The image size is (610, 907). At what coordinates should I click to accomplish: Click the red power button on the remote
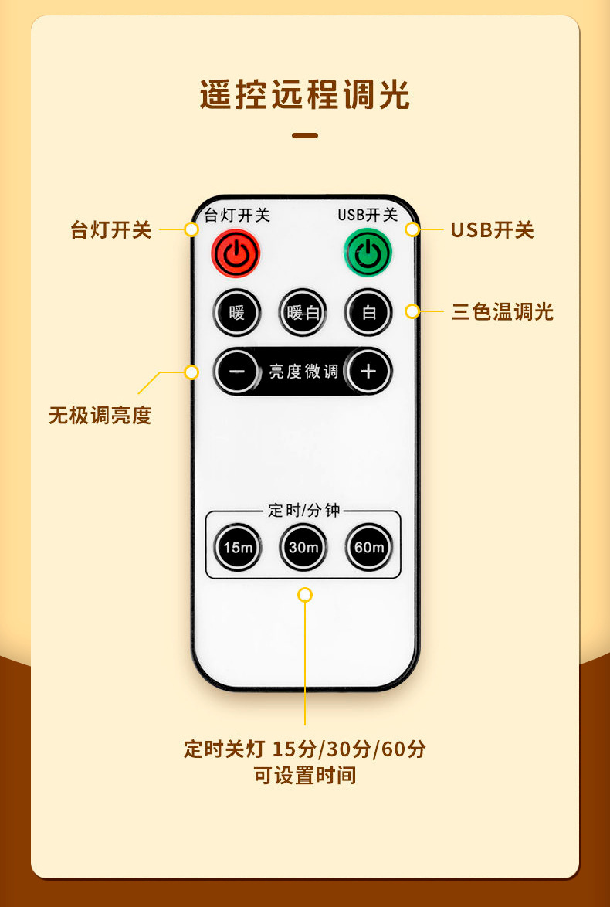[x=236, y=253]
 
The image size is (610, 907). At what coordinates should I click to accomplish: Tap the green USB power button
[x=368, y=253]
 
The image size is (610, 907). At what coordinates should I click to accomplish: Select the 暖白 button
[x=303, y=313]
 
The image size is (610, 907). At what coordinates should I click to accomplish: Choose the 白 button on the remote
[x=368, y=313]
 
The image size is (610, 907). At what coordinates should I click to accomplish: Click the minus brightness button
[x=237, y=372]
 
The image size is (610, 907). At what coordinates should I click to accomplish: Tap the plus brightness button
[x=368, y=372]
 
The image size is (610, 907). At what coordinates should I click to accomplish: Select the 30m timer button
[x=303, y=548]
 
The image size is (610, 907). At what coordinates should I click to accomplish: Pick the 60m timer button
[x=368, y=548]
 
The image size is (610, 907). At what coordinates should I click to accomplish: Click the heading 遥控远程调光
[x=305, y=96]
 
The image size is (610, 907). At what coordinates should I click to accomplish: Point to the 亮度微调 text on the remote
[x=303, y=372]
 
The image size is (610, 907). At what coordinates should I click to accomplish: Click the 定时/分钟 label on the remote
[x=303, y=511]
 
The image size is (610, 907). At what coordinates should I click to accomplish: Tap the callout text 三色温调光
[x=503, y=312]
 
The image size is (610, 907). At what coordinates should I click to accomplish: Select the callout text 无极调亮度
[x=100, y=416]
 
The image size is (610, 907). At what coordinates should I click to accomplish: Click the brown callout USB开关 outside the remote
[x=493, y=229]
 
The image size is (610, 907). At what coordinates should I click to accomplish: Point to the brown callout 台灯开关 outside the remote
[x=111, y=230]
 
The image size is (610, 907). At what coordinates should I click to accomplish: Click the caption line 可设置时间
[x=305, y=775]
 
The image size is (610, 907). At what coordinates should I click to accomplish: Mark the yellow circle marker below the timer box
[x=305, y=595]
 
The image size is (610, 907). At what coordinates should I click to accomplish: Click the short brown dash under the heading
[x=305, y=136]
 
